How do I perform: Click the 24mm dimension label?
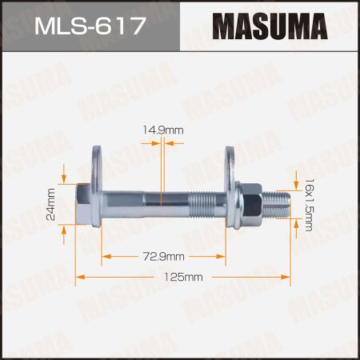click(x=52, y=203)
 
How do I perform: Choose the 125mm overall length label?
click(x=182, y=278)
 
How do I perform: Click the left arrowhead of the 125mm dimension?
click(x=79, y=278)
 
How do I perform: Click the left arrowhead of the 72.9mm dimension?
click(x=105, y=256)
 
